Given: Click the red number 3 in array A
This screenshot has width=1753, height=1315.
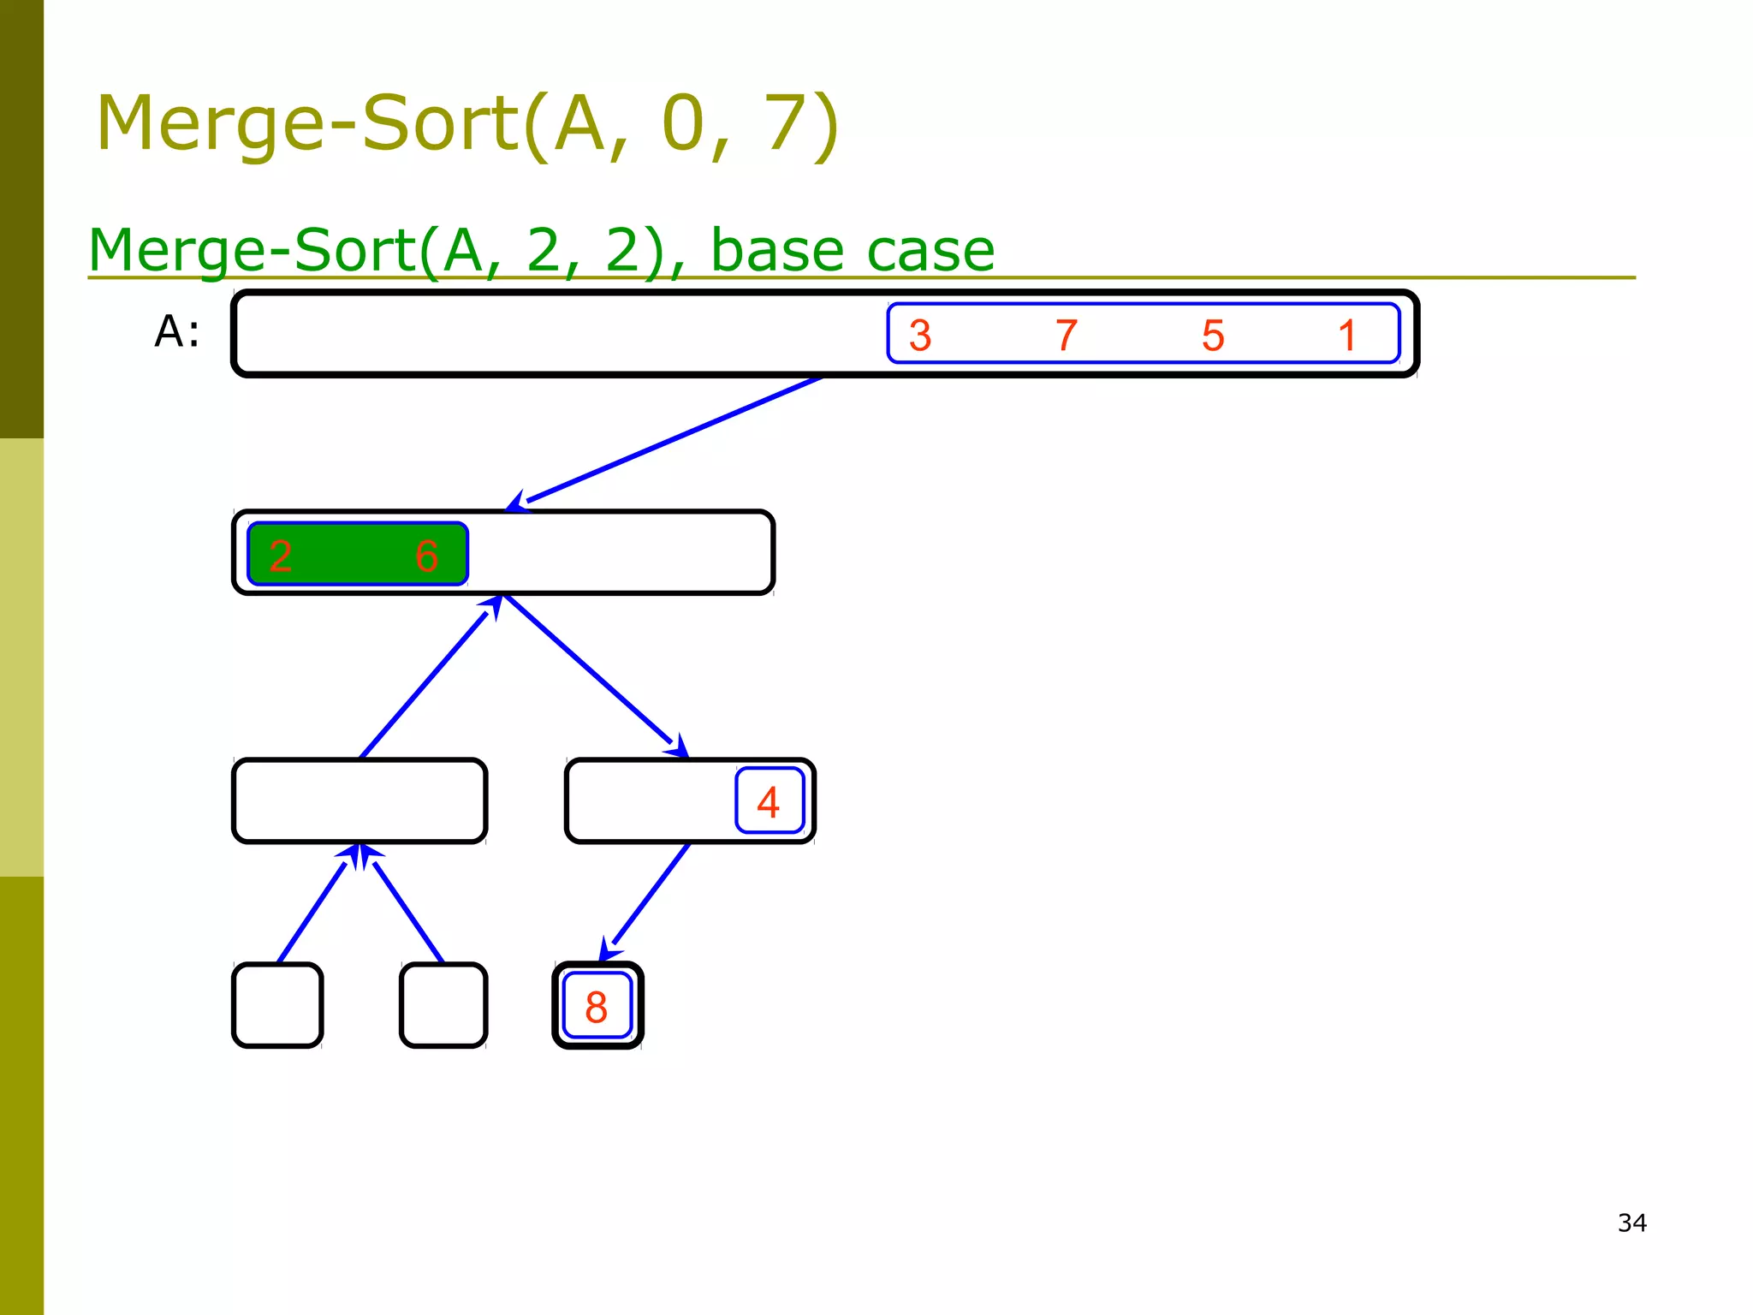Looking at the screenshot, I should [x=920, y=336].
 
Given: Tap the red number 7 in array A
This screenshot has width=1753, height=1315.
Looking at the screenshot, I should [x=1066, y=336].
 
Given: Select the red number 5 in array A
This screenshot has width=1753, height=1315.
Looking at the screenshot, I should [x=1213, y=336].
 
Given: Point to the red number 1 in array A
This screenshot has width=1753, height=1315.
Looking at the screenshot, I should [x=1347, y=336].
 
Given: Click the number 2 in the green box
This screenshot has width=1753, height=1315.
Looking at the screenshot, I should [x=281, y=556].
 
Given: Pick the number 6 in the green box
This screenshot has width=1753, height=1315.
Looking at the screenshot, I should [x=426, y=556].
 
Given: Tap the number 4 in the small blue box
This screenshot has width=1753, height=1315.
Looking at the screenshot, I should [x=769, y=803].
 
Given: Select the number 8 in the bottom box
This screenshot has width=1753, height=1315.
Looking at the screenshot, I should [x=597, y=1008].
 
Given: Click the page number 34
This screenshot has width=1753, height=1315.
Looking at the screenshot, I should [x=1631, y=1223].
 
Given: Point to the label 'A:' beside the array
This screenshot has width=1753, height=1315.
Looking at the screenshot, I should [x=177, y=331].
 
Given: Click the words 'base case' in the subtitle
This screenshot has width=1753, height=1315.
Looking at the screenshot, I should [x=853, y=251].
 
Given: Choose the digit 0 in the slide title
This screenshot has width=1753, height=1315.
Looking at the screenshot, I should [x=683, y=124].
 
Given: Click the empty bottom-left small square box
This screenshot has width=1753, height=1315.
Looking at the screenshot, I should [x=277, y=1005].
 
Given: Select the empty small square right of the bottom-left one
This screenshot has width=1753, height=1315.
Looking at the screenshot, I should [x=443, y=1005].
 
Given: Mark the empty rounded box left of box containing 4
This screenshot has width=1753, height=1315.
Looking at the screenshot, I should [x=360, y=800].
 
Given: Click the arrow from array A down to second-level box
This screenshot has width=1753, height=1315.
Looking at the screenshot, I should [x=668, y=442].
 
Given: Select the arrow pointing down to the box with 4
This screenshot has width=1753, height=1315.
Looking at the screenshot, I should [x=595, y=676].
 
